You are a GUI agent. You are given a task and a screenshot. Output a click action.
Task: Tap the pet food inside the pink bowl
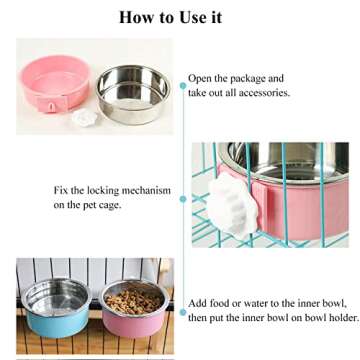(x=131, y=299)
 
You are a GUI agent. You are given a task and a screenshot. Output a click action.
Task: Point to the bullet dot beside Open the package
(x=182, y=85)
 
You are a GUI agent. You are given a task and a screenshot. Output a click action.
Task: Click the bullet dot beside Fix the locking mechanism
(x=182, y=198)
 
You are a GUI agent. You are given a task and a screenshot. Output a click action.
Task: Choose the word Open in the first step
(x=201, y=78)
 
